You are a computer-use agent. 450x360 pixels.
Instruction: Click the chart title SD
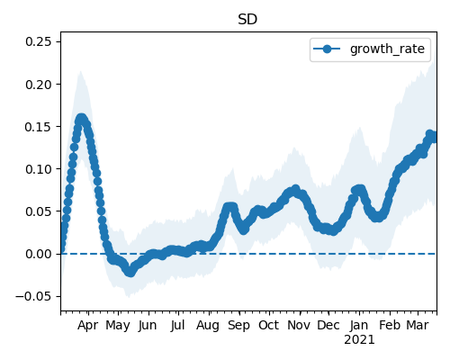[x=247, y=20]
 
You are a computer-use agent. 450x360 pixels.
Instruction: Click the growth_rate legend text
[x=387, y=49]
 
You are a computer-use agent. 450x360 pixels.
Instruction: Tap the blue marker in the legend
[x=327, y=49]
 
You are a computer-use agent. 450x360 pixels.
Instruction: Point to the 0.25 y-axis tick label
[x=39, y=41]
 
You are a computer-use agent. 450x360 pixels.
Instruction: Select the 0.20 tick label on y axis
[x=39, y=85]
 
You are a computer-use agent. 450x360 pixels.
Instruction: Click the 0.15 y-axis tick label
[x=39, y=127]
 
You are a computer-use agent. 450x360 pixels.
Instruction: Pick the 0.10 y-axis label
[x=39, y=169]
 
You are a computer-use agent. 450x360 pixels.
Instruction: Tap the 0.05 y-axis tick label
[x=39, y=211]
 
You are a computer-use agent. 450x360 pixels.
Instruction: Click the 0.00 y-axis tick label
[x=39, y=254]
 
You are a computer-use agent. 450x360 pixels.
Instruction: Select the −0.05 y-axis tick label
[x=33, y=296]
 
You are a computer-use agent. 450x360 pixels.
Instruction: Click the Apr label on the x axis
[x=88, y=326]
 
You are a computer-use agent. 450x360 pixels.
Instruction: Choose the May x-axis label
[x=118, y=326]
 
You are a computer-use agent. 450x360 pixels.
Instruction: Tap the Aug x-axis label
[x=208, y=326]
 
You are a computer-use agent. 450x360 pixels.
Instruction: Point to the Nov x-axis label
[x=299, y=325]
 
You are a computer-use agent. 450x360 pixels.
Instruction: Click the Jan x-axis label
[x=359, y=325]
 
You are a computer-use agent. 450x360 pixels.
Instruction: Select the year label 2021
[x=359, y=340]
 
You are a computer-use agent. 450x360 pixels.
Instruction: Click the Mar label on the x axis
[x=418, y=325]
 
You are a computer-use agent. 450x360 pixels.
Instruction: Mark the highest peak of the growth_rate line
[x=81, y=119]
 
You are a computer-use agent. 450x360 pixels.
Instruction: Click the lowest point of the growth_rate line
[x=130, y=272]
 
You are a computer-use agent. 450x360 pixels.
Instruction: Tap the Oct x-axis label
[x=269, y=325]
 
